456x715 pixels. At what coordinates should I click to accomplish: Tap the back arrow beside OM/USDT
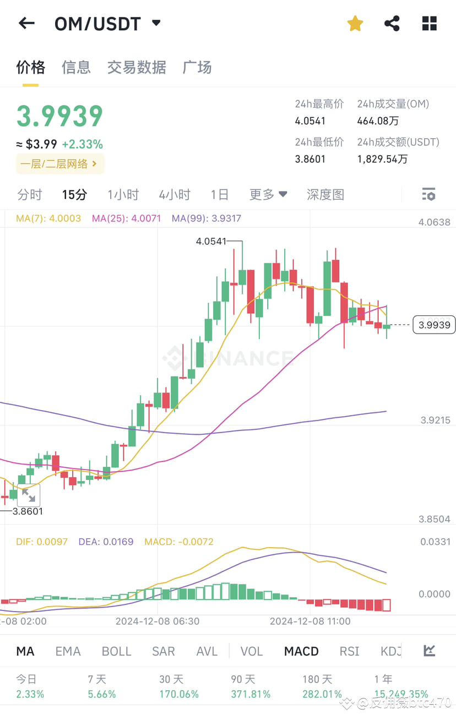(26, 23)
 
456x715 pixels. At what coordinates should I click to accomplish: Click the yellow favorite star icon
(355, 23)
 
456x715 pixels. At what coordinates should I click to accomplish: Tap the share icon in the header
(392, 23)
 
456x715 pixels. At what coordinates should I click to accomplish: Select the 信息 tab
(76, 67)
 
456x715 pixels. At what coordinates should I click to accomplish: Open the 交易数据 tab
(137, 67)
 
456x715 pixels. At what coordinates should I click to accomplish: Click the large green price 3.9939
(59, 116)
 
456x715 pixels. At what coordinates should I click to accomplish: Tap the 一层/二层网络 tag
(59, 163)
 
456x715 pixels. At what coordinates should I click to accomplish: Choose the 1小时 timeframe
(123, 194)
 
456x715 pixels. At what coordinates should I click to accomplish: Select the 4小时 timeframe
(174, 194)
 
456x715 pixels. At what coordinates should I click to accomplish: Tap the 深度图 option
(325, 194)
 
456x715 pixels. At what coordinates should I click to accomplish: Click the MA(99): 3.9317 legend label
(206, 219)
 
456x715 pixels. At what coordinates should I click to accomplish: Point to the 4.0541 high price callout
(211, 241)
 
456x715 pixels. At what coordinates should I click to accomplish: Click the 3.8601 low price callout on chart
(28, 511)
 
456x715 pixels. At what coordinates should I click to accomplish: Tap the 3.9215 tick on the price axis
(435, 420)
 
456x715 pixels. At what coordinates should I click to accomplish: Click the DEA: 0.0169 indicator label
(106, 542)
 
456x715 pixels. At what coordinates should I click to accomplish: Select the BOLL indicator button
(116, 651)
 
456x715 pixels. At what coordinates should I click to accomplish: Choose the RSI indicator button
(349, 651)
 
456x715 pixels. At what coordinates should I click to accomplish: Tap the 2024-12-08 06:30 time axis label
(158, 621)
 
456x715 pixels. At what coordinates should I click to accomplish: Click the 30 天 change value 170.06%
(179, 694)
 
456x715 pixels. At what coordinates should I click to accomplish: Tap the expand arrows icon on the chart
(28, 496)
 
